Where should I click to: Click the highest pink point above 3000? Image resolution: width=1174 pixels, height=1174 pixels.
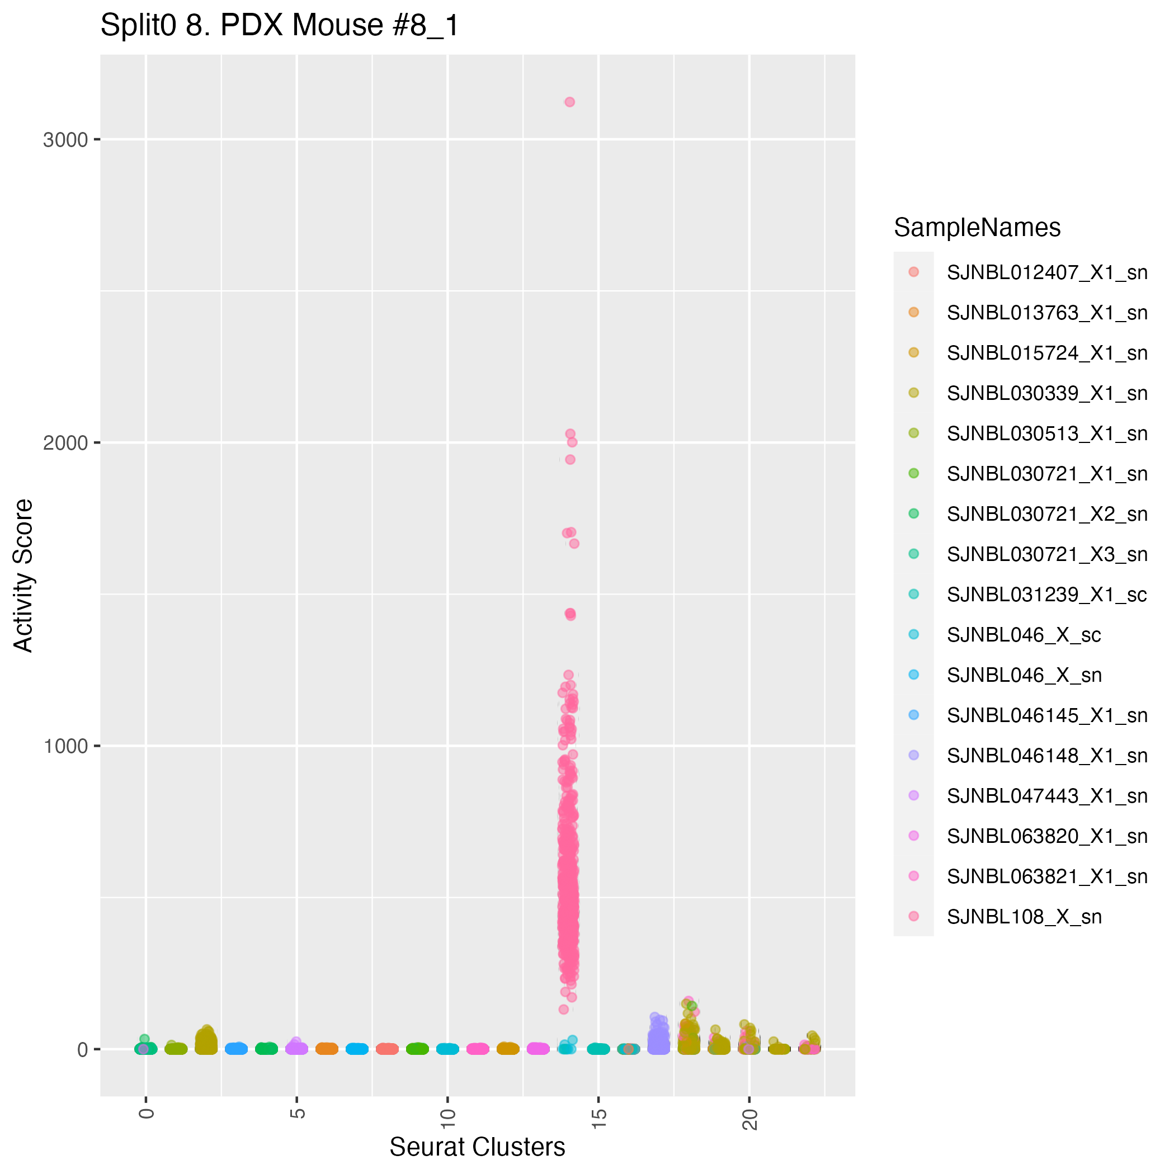(x=569, y=102)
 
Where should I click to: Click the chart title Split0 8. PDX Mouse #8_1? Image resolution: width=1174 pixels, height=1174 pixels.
(x=280, y=26)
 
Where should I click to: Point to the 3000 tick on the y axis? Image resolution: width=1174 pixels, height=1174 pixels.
(x=65, y=140)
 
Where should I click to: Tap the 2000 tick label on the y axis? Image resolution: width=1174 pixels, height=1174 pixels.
(x=65, y=443)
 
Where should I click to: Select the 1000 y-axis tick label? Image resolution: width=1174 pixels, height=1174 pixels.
(x=65, y=746)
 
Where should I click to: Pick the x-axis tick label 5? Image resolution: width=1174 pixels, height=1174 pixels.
(x=297, y=1113)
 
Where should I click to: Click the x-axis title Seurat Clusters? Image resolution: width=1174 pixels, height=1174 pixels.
(x=477, y=1147)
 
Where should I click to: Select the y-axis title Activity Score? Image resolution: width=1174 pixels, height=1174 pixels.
(x=23, y=576)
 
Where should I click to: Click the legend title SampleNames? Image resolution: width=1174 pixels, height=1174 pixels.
(x=977, y=228)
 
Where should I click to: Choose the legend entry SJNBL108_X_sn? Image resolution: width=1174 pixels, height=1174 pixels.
(x=1024, y=916)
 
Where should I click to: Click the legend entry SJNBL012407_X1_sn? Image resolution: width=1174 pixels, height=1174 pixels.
(x=1047, y=272)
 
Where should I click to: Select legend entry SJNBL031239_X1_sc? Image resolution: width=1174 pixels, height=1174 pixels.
(x=1047, y=595)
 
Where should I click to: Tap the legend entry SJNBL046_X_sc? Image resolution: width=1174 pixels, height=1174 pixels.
(x=1024, y=635)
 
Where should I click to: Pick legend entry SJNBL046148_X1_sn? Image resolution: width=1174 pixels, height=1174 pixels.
(x=1047, y=755)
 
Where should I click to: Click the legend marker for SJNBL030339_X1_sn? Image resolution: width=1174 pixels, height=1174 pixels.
(x=913, y=393)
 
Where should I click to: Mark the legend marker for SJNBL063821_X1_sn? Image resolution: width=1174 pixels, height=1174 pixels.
(x=913, y=876)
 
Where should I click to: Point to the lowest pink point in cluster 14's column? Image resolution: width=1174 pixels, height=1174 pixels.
(x=563, y=1010)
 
